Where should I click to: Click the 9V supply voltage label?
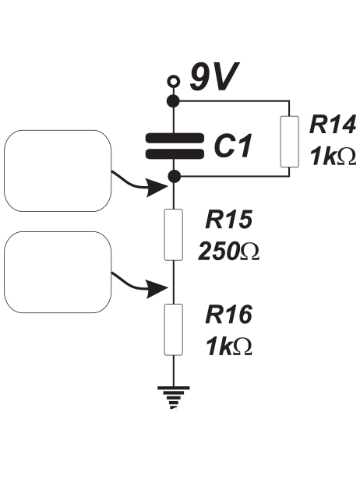point(214,77)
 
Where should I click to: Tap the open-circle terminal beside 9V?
point(174,81)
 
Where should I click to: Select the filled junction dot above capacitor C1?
point(174,100)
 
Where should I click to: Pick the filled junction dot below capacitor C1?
point(175,176)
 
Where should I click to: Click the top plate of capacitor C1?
point(175,138)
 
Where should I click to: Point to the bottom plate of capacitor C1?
point(175,154)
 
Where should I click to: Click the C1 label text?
point(233,146)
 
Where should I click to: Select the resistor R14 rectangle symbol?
point(289,142)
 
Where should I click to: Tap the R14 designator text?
point(333,125)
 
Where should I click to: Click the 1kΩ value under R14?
point(333,156)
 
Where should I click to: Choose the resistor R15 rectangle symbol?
point(174,234)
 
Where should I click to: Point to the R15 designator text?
point(229,219)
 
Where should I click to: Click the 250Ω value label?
point(228,251)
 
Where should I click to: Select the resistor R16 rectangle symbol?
point(174,329)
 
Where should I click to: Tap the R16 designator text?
point(229,315)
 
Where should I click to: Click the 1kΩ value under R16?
point(229,346)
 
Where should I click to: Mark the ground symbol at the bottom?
point(174,397)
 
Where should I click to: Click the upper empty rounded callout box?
point(58,171)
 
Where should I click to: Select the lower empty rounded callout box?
point(58,272)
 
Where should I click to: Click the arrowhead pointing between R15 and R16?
point(157,287)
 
